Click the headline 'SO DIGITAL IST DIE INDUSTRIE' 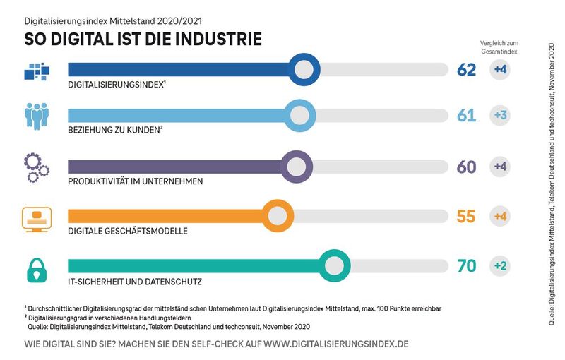143,39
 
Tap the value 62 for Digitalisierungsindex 467,69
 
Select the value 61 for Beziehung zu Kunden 467,116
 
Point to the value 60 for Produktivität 467,167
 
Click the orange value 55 467,216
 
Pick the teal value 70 467,266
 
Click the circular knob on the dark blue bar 303,69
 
